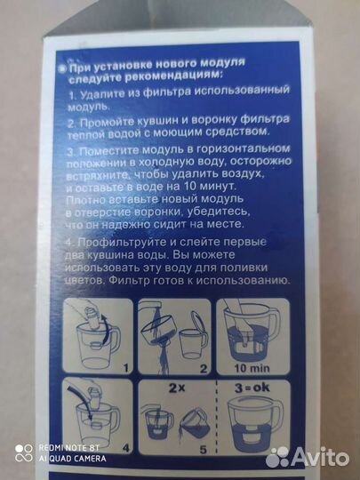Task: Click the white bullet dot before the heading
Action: (61, 65)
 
